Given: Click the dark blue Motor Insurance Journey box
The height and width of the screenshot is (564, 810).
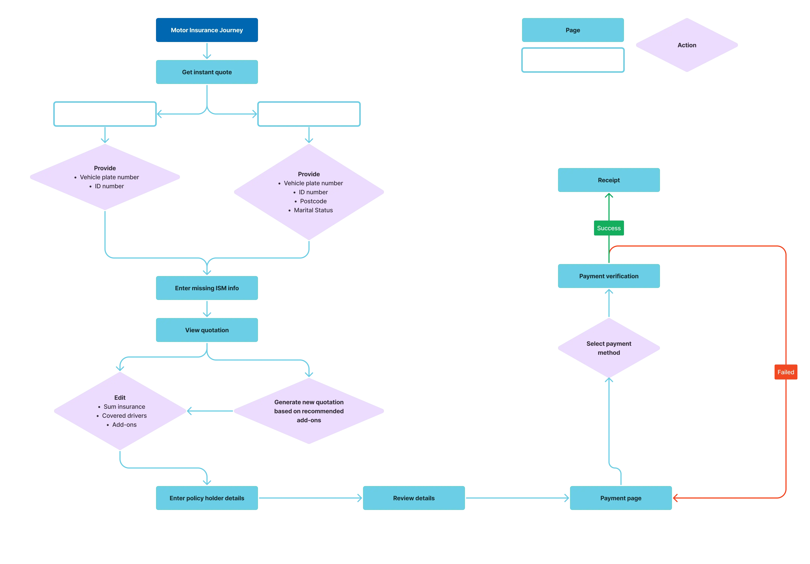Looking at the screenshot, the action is click(207, 30).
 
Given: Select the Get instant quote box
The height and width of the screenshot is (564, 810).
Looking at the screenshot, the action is click(207, 72).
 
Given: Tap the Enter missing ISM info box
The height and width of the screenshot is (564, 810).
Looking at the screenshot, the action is click(207, 288).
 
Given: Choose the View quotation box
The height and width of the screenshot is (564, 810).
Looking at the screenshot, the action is click(207, 330).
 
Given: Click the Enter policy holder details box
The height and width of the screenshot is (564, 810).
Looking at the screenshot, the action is click(207, 498).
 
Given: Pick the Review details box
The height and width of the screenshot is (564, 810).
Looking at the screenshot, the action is click(414, 498).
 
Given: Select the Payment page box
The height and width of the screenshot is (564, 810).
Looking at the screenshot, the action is click(621, 498).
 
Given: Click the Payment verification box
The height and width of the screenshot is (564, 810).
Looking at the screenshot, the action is click(609, 276).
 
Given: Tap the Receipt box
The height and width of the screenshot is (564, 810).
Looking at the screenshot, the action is click(609, 180).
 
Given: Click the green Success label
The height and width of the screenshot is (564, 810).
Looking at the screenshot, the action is click(609, 228).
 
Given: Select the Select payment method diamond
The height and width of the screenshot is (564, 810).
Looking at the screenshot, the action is click(609, 348).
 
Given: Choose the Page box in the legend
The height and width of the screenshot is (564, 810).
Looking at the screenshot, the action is click(573, 30).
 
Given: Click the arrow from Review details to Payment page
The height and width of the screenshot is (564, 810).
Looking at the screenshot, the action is click(517, 498).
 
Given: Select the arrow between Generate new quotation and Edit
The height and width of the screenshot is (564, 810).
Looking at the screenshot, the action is click(210, 411).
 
